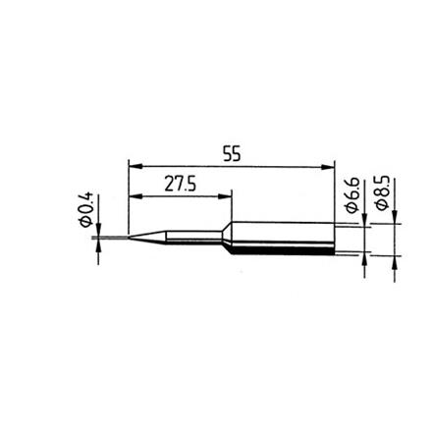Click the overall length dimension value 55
[232, 154]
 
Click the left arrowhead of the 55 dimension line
[135, 166]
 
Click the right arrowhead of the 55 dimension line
[329, 166]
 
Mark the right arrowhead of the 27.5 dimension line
[225, 194]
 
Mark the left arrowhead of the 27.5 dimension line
[135, 194]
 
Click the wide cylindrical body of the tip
[285, 239]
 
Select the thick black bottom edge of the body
[285, 254]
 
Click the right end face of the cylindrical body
[335, 239]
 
